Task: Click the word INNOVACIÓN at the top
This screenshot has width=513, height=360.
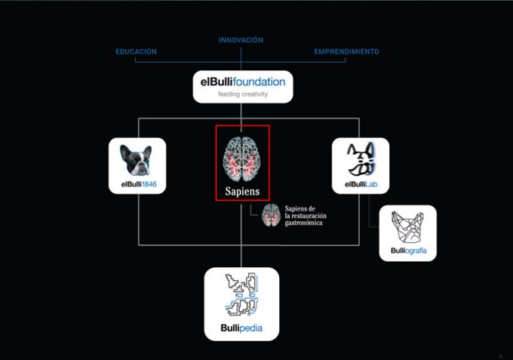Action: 241,40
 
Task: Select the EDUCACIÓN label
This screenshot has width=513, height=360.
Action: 136,51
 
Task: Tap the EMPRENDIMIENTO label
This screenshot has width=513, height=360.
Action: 346,51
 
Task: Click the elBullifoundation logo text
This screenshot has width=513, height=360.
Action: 242,81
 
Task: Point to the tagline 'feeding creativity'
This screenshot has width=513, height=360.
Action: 242,94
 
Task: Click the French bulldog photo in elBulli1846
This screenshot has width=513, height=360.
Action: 137,158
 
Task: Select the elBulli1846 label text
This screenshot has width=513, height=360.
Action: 137,183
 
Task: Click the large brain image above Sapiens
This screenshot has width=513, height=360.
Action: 242,156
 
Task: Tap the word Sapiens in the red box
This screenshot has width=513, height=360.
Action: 242,191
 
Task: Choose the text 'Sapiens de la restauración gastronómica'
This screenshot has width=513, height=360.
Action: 309,216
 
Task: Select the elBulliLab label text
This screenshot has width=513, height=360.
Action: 361,183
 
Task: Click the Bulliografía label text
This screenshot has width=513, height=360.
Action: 407,250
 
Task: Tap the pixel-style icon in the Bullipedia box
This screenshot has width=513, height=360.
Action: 242,296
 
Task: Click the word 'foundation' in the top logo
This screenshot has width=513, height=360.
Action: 259,81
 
